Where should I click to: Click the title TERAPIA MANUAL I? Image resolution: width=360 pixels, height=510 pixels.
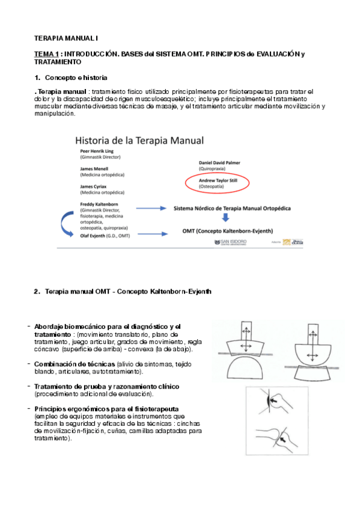click(64, 38)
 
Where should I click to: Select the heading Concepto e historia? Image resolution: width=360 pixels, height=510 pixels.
click(76, 78)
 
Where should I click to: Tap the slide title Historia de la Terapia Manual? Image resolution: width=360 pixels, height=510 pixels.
click(139, 141)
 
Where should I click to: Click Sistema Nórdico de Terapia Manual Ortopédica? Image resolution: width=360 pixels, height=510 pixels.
click(232, 208)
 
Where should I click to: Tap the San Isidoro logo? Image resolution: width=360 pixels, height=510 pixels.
click(237, 242)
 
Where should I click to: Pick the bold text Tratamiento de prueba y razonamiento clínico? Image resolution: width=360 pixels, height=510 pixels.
click(106, 386)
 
